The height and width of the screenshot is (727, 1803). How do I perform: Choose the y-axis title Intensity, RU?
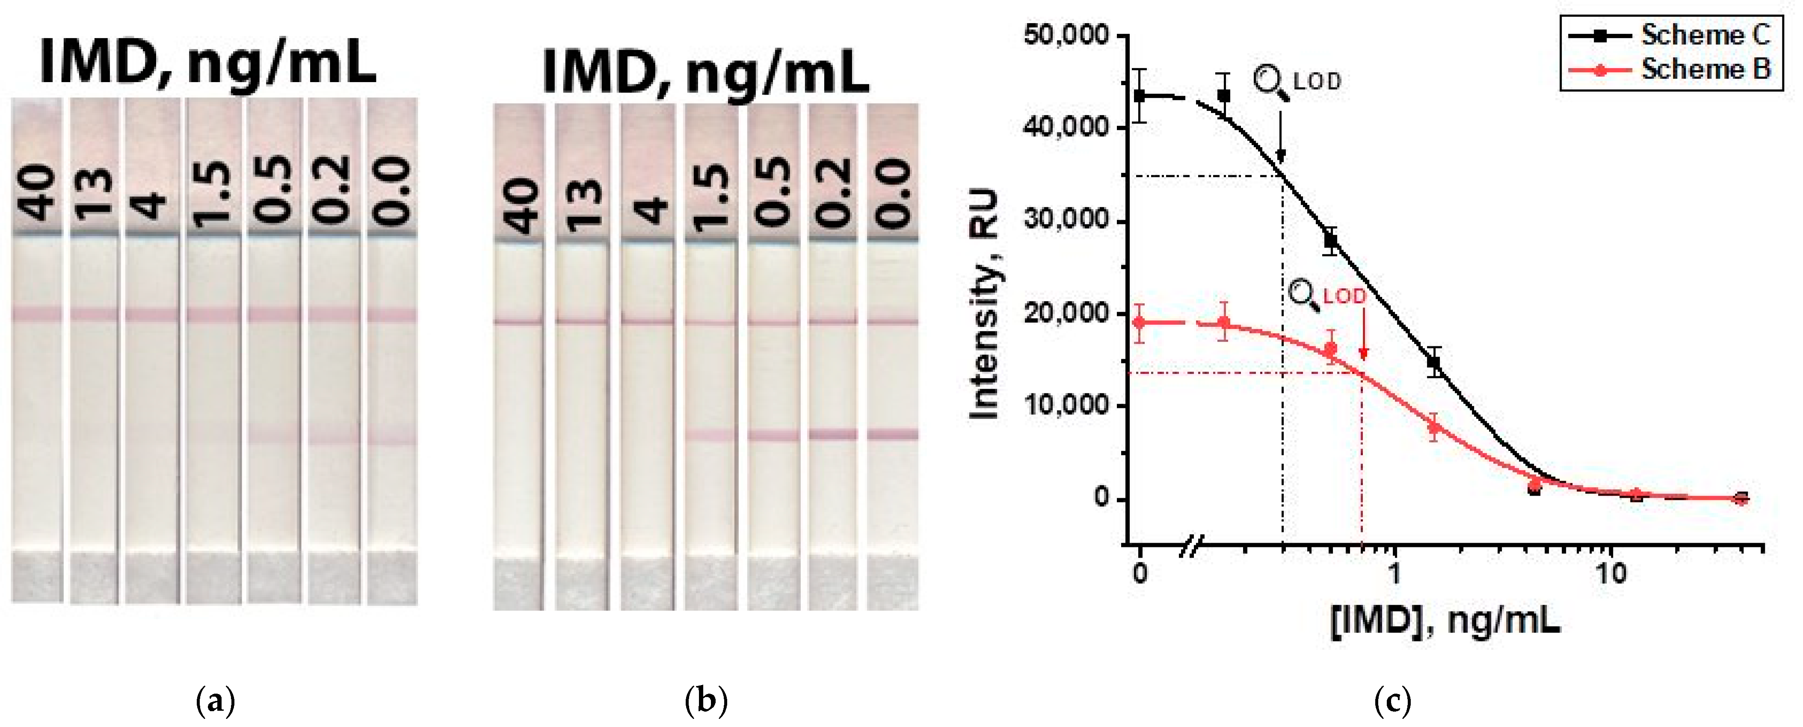tap(983, 304)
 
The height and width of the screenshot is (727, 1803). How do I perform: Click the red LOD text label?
tap(1344, 296)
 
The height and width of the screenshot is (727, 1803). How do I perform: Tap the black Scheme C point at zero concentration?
tap(1140, 95)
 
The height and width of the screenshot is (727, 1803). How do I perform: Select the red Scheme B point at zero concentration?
tap(1140, 322)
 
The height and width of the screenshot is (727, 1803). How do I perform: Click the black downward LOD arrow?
tap(1281, 133)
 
